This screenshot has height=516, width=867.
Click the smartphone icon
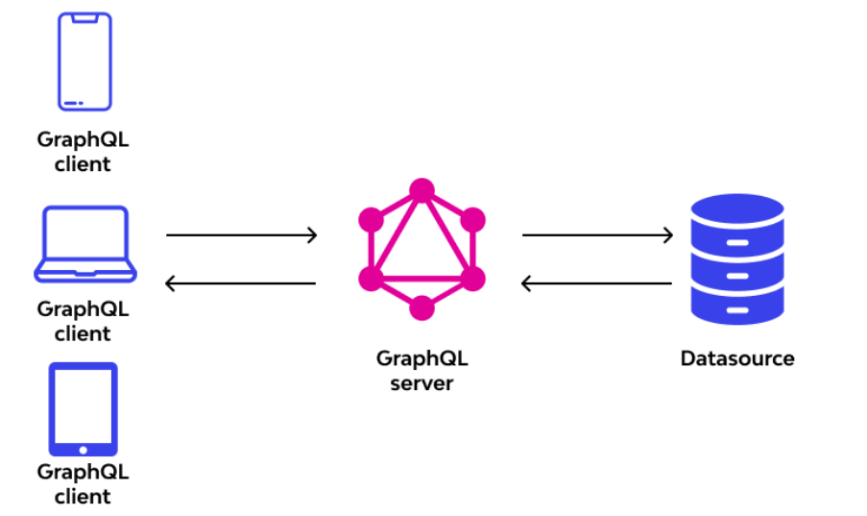(84, 61)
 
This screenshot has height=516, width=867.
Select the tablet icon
(84, 408)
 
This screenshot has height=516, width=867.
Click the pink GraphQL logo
(421, 249)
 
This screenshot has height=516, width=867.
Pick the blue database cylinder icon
(737, 259)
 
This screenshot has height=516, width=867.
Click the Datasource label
(737, 358)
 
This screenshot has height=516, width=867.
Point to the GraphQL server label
(421, 370)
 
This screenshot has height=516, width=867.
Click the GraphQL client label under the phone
(83, 151)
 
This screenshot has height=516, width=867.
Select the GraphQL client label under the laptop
(83, 321)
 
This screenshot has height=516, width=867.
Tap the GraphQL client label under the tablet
(83, 484)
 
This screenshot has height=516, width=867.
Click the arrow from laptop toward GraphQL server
(241, 234)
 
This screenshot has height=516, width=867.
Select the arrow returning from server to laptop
(241, 283)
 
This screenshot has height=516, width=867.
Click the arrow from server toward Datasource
(596, 234)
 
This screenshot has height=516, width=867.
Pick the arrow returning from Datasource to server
(596, 283)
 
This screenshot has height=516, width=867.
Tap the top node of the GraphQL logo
(421, 190)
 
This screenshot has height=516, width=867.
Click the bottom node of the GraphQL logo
(421, 308)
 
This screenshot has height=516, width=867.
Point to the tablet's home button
(84, 449)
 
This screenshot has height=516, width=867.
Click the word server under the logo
(421, 383)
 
